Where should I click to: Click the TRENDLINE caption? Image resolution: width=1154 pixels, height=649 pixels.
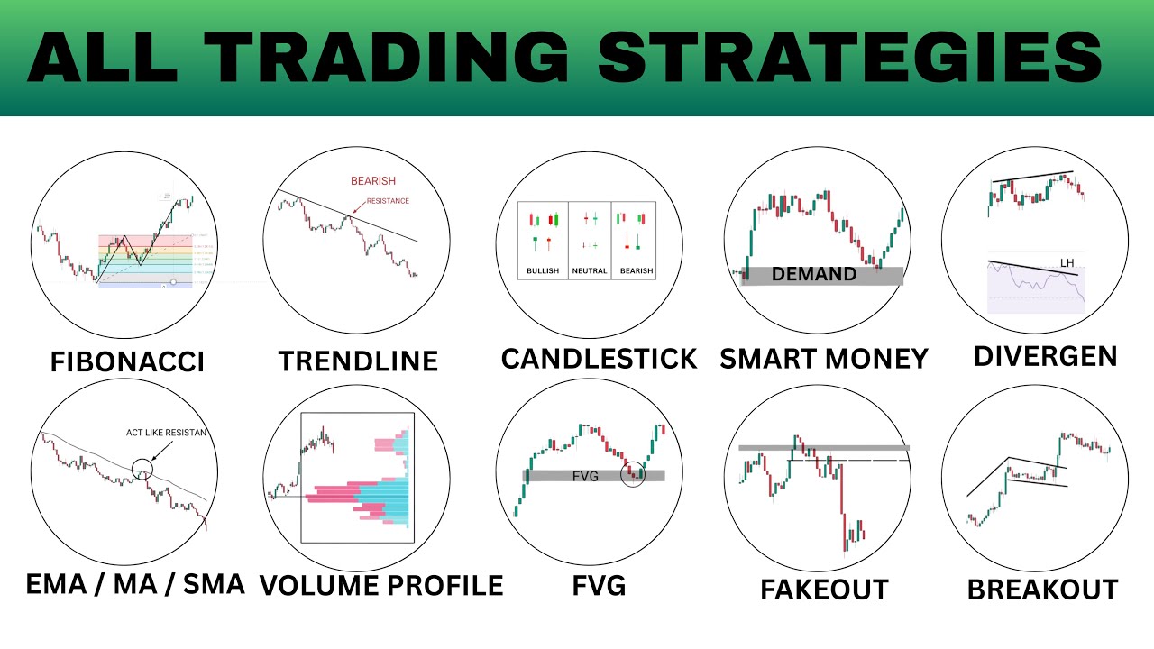pyautogui.click(x=358, y=361)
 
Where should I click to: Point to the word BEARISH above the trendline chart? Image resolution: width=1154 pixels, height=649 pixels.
pyautogui.click(x=373, y=181)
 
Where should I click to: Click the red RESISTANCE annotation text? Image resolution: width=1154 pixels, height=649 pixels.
pyautogui.click(x=388, y=201)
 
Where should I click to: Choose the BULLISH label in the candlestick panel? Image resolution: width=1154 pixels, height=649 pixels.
pyautogui.click(x=543, y=270)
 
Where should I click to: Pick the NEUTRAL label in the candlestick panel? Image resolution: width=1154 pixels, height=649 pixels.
pyautogui.click(x=590, y=270)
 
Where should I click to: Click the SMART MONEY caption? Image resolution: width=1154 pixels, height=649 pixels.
pyautogui.click(x=824, y=359)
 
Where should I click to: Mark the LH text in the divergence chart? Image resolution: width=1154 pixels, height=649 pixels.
pyautogui.click(x=1067, y=263)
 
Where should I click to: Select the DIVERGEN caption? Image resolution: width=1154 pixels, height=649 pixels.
pyautogui.click(x=1046, y=356)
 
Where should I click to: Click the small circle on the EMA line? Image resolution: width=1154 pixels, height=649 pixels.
pyautogui.click(x=142, y=469)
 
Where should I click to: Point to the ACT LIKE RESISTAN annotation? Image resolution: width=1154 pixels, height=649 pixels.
pyautogui.click(x=166, y=433)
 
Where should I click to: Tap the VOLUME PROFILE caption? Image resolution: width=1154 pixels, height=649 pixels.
pyautogui.click(x=381, y=585)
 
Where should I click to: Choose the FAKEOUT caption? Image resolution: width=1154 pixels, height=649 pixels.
pyautogui.click(x=824, y=590)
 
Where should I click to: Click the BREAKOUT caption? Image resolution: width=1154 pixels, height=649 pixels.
pyautogui.click(x=1042, y=590)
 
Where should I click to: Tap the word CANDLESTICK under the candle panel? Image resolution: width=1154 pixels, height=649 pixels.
pyautogui.click(x=599, y=359)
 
